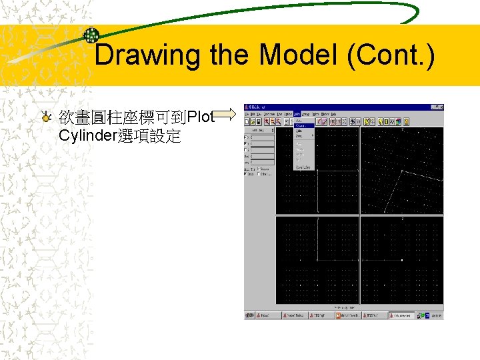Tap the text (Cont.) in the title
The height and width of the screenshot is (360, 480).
tap(390, 55)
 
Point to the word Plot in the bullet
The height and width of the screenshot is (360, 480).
tap(201, 118)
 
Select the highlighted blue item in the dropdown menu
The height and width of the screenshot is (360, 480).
tap(303, 125)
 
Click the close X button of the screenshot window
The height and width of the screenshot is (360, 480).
tap(440, 107)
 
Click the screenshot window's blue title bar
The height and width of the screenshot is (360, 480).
tap(333, 107)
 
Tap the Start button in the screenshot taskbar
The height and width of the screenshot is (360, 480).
tap(250, 315)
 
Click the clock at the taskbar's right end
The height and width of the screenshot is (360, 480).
tap(437, 315)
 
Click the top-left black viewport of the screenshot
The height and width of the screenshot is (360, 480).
tap(317, 170)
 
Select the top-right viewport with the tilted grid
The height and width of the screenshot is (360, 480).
tap(401, 170)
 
